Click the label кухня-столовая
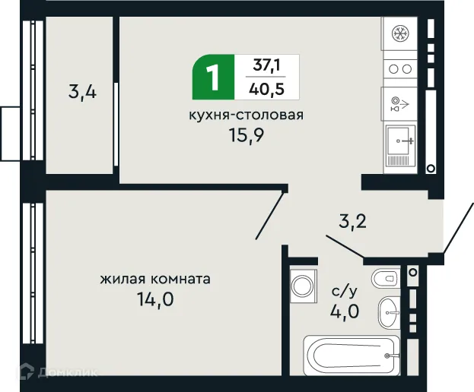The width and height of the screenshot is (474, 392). (247, 115)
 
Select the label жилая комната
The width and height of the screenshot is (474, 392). (155, 279)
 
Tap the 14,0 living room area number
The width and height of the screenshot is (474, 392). (154, 299)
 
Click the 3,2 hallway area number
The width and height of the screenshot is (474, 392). (352, 223)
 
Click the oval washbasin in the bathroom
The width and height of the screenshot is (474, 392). (390, 308)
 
